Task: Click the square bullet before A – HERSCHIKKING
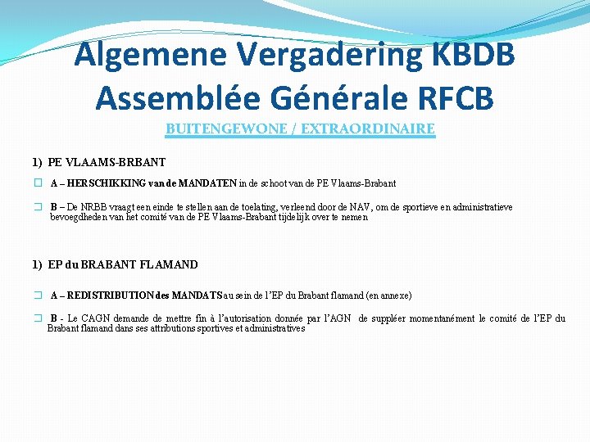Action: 38,183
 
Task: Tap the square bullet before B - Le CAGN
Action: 38,318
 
